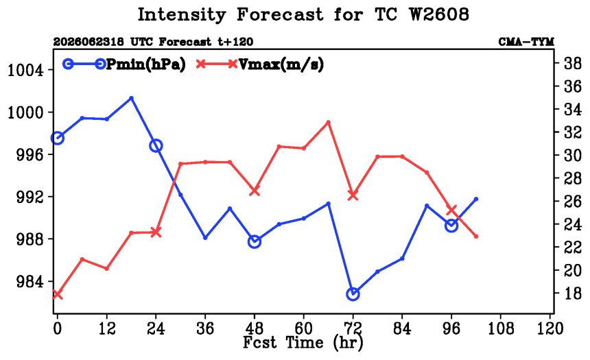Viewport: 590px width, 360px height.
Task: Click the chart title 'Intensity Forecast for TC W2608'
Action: [303, 15]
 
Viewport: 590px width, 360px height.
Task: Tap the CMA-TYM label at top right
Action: [526, 42]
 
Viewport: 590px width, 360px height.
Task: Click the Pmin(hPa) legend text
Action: [146, 64]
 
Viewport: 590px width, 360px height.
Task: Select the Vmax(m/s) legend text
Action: [281, 64]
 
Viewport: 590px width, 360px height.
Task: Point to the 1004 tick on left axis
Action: [25, 71]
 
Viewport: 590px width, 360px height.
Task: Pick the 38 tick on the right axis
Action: [572, 63]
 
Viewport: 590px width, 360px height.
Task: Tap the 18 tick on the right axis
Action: [572, 293]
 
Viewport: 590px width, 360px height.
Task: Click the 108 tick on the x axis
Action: [501, 328]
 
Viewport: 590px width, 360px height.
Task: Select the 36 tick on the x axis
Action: [205, 328]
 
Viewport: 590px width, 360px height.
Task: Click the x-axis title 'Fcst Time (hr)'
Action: [303, 343]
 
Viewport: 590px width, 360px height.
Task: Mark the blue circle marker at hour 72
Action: [353, 294]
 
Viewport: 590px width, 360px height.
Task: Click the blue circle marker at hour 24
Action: [156, 145]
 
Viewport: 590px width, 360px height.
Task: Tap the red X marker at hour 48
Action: [255, 191]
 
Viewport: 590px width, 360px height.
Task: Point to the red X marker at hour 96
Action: [451, 210]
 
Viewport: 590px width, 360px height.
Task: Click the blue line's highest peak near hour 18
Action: [131, 98]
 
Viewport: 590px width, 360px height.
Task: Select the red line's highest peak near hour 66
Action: [328, 122]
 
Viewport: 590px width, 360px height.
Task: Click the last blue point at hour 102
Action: [476, 199]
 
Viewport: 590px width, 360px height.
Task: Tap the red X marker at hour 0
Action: [57, 295]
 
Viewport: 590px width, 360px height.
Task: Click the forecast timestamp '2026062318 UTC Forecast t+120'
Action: [153, 42]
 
